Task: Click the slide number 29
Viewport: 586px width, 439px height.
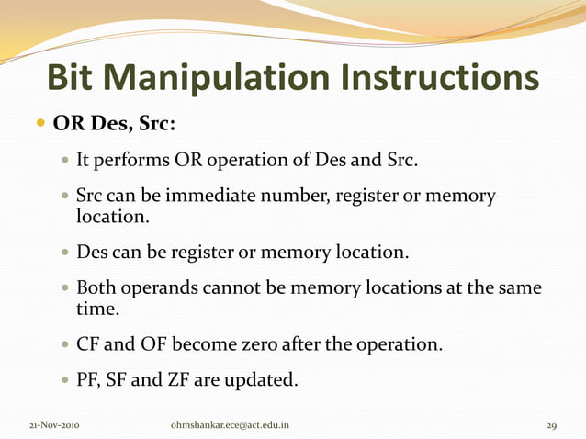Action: [552, 425]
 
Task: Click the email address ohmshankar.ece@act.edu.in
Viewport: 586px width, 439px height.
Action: [231, 425]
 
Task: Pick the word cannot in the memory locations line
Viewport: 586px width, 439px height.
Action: [232, 288]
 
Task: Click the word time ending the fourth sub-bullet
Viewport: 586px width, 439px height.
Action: [95, 310]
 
